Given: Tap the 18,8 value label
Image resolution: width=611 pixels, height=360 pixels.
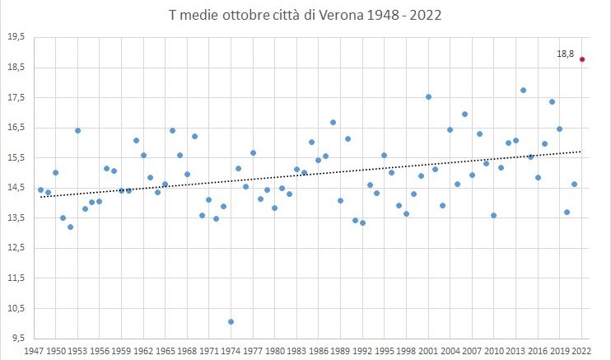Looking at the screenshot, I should point(565,54).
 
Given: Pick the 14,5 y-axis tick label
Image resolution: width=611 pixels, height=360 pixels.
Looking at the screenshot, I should point(16,188).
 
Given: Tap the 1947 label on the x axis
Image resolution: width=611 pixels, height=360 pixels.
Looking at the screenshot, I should point(35,350).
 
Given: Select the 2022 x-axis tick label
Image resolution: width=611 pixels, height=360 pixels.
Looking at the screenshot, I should point(582,350).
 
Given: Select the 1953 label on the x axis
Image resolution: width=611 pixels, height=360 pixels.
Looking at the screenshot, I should point(78,350).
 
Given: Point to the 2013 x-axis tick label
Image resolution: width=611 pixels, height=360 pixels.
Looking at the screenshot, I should point(516,350).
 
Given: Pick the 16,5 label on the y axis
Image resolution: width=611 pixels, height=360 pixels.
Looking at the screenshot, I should point(16,128).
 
